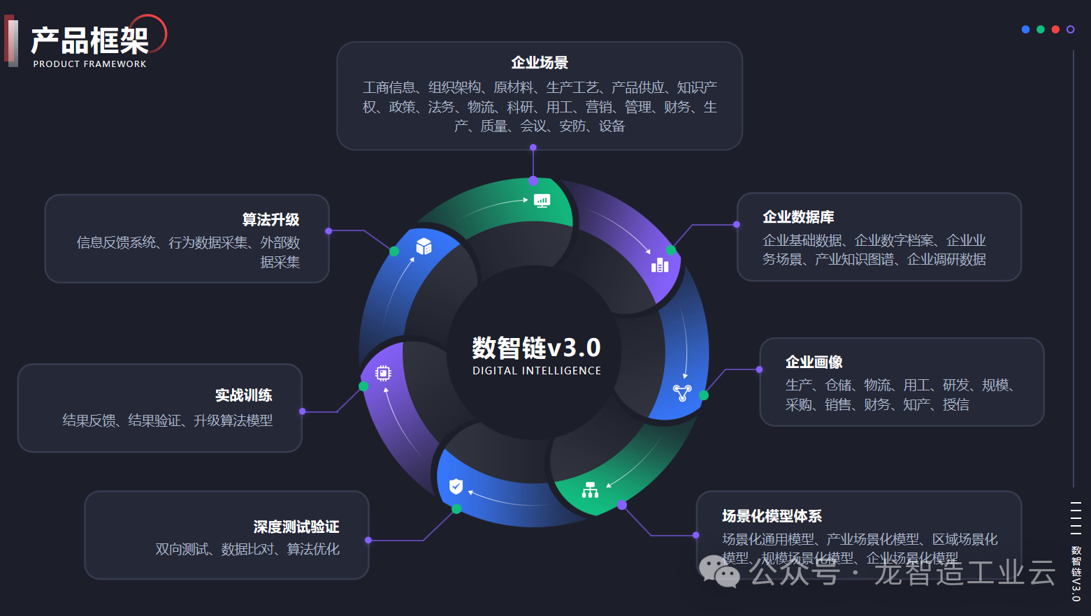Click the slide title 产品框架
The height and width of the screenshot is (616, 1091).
[89, 41]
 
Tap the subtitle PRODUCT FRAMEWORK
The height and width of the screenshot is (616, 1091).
[89, 64]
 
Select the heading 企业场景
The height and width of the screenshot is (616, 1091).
[539, 63]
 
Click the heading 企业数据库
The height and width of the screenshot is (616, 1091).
[798, 217]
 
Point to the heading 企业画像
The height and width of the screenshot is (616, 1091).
[814, 362]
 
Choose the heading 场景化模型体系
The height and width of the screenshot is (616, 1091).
[772, 516]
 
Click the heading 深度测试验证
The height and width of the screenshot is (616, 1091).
[296, 527]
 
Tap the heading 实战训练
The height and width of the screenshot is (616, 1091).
[243, 395]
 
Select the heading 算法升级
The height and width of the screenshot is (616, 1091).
[270, 220]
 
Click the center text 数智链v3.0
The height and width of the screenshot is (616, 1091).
[536, 348]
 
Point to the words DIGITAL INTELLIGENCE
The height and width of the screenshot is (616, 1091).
[536, 371]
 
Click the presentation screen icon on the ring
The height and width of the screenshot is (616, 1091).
[542, 201]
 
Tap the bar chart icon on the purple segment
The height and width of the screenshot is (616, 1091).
[660, 265]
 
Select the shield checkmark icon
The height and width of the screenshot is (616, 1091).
[456, 486]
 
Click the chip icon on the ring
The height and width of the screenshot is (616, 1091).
[383, 374]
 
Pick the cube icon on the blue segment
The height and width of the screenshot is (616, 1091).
[424, 247]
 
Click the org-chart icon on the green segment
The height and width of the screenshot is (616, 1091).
[590, 490]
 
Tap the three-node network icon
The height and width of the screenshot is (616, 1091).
[682, 393]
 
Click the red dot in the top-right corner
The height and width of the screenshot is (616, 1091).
[1055, 29]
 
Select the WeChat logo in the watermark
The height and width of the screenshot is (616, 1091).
[719, 572]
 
